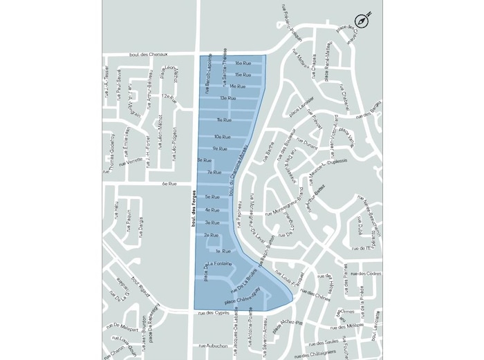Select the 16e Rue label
(242, 63)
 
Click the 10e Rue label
(222, 137)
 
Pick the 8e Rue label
(204, 160)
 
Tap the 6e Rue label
(169, 184)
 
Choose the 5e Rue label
(212, 197)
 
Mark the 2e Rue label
(211, 236)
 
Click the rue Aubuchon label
(212, 345)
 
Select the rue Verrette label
(131, 162)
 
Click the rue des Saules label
(324, 343)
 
